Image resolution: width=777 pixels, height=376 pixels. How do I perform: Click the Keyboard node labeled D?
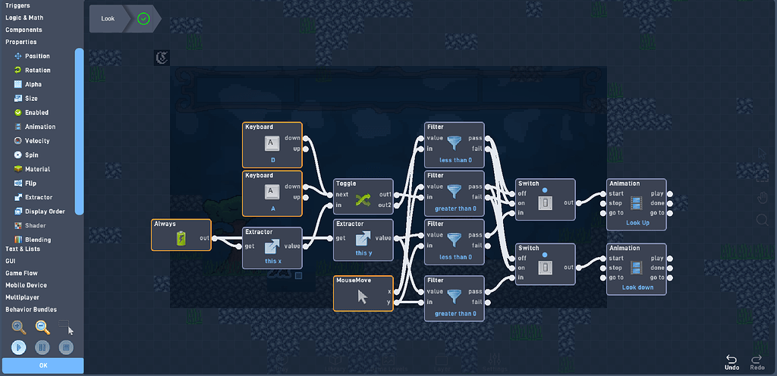pos(272,144)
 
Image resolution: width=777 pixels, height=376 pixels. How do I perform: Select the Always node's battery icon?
pos(181,239)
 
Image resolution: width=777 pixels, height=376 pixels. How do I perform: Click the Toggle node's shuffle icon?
pos(363,199)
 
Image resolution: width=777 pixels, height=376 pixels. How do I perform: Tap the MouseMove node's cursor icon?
pos(363,297)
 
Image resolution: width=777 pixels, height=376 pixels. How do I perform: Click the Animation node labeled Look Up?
pos(636,202)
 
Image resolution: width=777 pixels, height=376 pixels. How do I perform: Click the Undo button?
pos(731,362)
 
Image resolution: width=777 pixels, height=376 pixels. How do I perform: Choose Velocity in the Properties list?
pos(36,141)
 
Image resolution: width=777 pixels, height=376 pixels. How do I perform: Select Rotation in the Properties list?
pos(37,70)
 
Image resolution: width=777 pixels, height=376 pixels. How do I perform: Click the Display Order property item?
pos(43,211)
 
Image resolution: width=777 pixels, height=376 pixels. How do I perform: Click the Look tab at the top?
pos(108,18)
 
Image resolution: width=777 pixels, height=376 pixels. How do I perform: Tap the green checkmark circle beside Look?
pos(143,18)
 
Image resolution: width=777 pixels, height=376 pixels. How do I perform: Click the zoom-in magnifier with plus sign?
pos(19,327)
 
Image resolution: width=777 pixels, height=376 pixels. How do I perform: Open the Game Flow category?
pos(24,273)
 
